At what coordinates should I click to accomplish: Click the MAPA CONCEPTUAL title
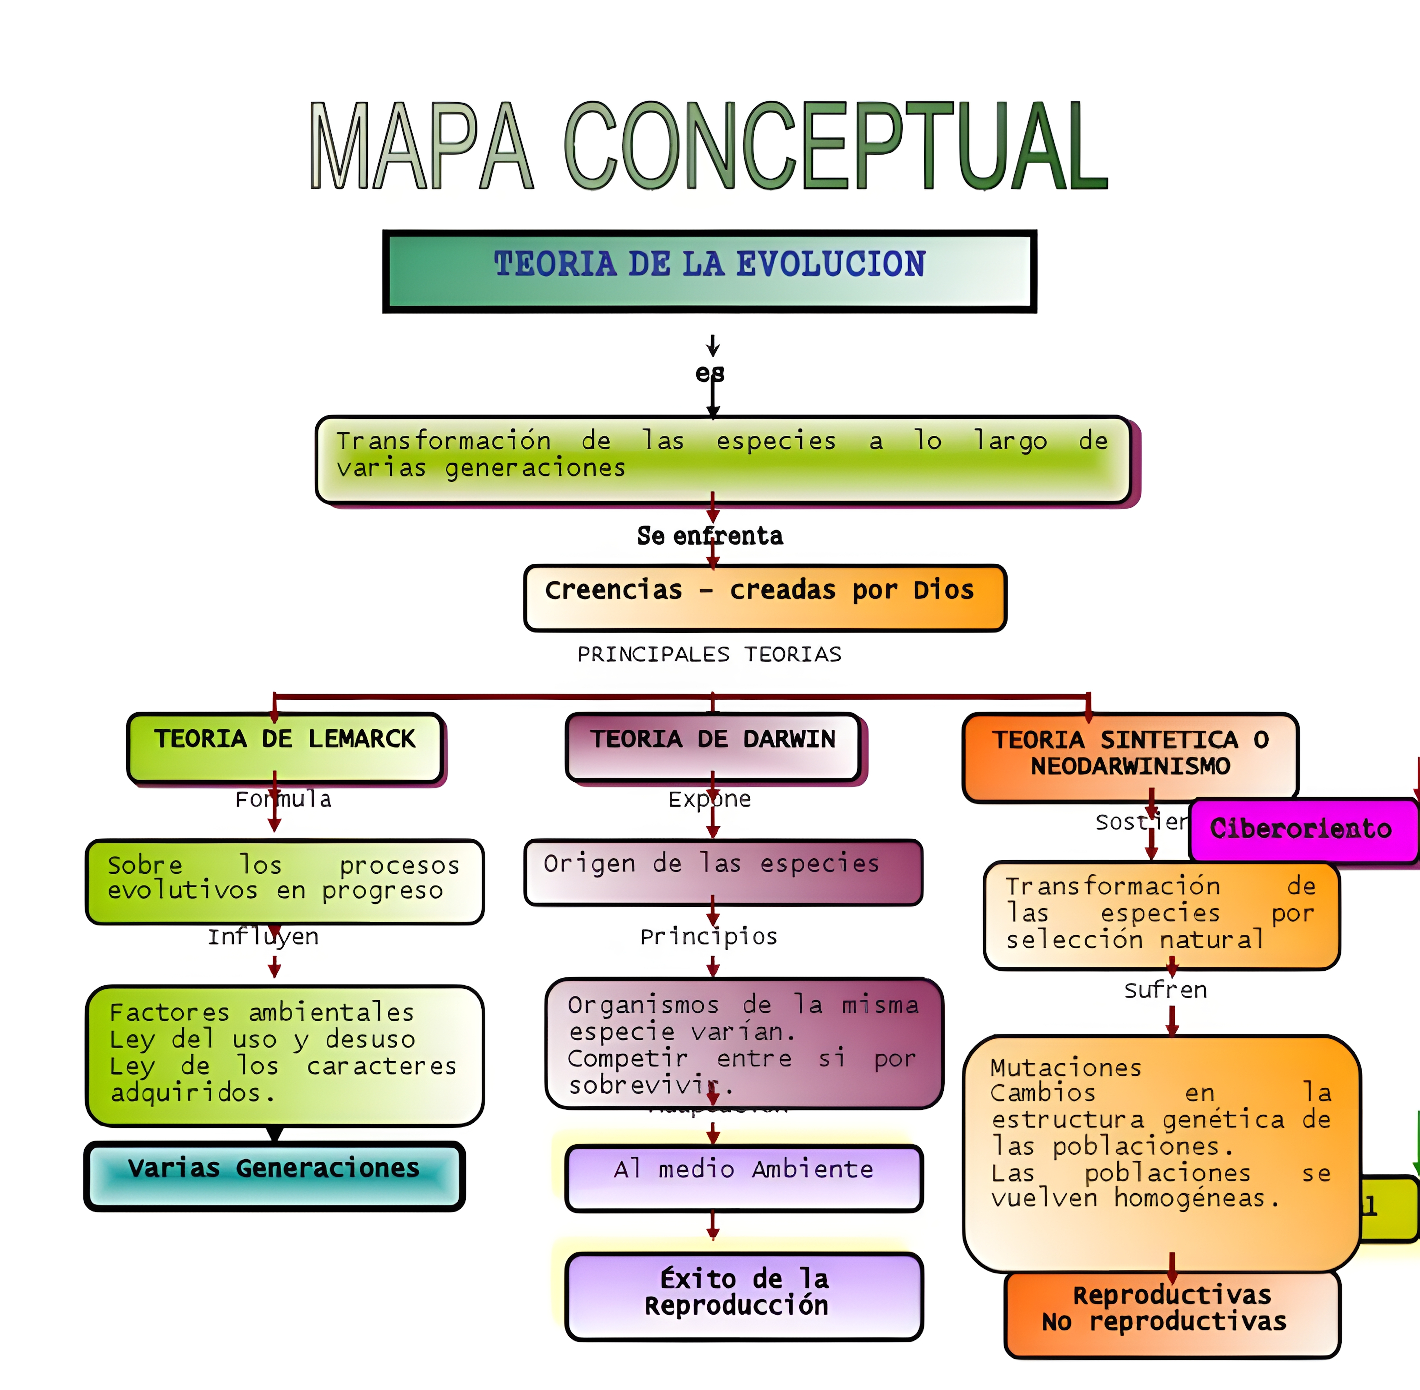pos(708,146)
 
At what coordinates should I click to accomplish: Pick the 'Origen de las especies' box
pos(723,872)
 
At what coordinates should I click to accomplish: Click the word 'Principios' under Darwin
pos(708,937)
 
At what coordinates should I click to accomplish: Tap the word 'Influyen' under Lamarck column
pos(263,937)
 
